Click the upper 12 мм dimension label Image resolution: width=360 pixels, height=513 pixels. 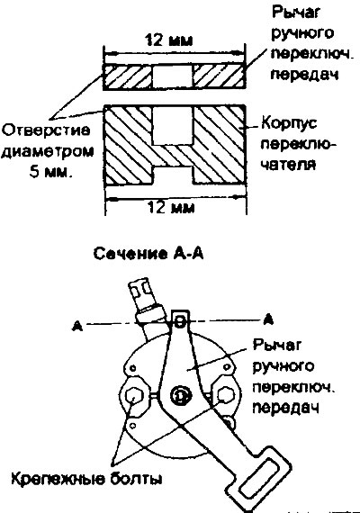click(x=169, y=40)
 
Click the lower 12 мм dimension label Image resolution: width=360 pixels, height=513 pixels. click(x=171, y=207)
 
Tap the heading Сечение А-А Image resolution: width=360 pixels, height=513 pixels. click(x=148, y=254)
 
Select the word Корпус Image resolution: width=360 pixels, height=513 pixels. click(x=289, y=124)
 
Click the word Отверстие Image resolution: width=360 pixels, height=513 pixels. click(x=46, y=130)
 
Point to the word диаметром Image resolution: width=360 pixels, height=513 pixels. click(x=47, y=152)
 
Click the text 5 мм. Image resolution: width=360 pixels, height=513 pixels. click(x=50, y=172)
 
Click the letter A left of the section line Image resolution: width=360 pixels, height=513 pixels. click(x=77, y=326)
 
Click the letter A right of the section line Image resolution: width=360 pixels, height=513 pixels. click(x=268, y=319)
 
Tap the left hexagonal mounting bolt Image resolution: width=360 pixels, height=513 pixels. click(x=133, y=396)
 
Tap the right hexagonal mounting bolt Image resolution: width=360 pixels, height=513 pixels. click(x=226, y=395)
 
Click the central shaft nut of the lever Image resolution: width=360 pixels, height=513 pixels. click(x=179, y=396)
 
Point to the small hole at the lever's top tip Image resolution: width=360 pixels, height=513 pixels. click(x=180, y=322)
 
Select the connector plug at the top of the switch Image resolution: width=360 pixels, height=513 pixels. click(x=143, y=297)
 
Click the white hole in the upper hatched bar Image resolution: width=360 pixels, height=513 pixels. click(x=173, y=76)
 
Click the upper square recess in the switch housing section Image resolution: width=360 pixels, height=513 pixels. click(x=173, y=125)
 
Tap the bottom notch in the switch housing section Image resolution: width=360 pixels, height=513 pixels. click(x=173, y=175)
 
